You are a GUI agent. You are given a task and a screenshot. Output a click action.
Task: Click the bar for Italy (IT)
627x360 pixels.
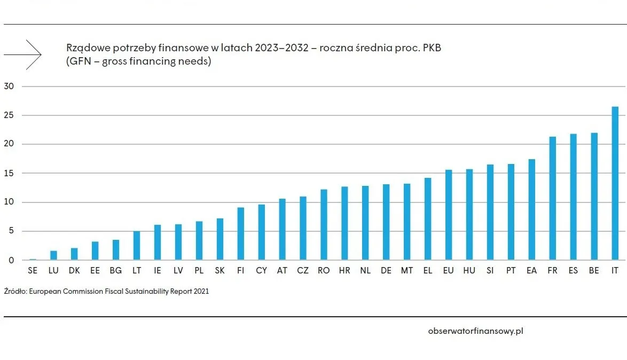pyautogui.click(x=615, y=183)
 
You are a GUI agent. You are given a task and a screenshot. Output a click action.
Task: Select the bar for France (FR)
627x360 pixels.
pyautogui.click(x=552, y=198)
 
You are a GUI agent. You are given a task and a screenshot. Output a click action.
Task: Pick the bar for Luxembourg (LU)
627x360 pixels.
pyautogui.click(x=53, y=255)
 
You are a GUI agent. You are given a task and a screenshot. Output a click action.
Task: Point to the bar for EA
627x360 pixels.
pyautogui.click(x=531, y=209)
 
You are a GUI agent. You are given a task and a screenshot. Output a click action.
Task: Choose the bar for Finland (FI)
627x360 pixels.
pyautogui.click(x=241, y=233)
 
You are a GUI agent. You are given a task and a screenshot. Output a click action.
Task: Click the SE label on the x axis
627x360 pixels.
pyautogui.click(x=33, y=271)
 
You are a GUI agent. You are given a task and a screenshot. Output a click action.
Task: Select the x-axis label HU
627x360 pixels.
pyautogui.click(x=469, y=271)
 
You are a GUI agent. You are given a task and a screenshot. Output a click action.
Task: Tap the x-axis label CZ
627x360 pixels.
pyautogui.click(x=303, y=271)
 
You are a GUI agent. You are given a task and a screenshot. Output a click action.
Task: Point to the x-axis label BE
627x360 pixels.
pyautogui.click(x=594, y=271)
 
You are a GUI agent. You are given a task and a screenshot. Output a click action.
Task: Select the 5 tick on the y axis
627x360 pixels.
pyautogui.click(x=10, y=231)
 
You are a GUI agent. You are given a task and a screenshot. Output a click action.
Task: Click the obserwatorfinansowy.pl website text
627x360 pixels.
pyautogui.click(x=475, y=331)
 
